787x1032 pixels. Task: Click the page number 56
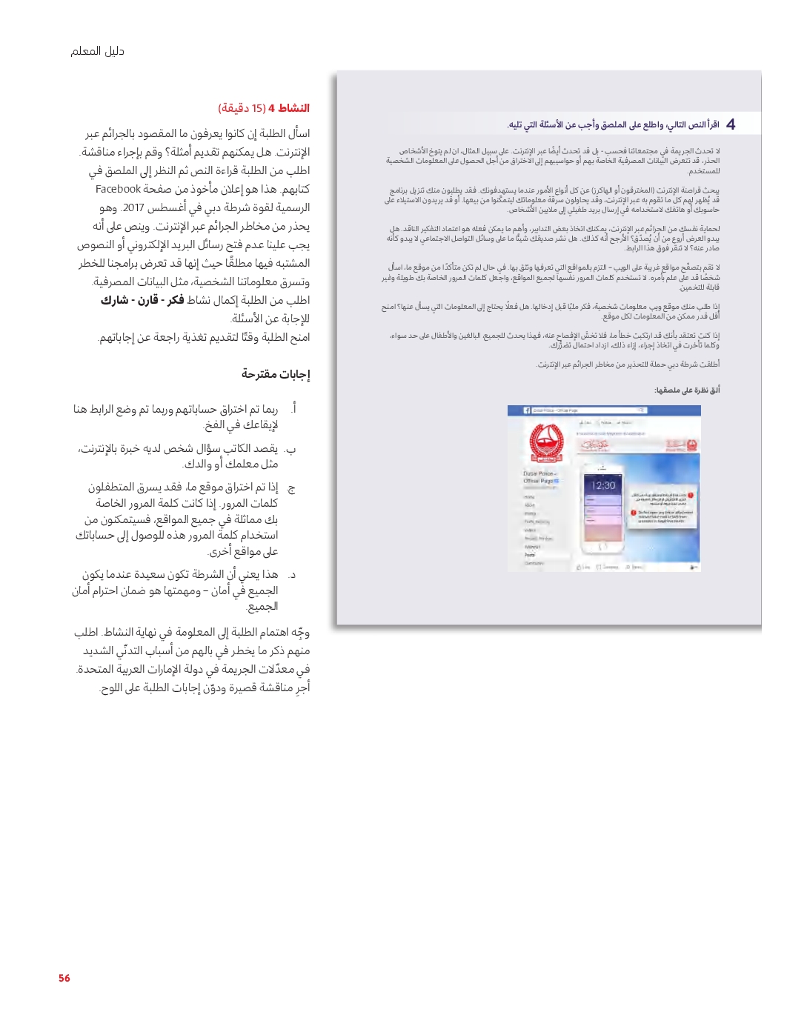(64, 978)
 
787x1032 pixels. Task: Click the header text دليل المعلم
(97, 51)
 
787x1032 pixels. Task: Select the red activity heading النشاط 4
(289, 108)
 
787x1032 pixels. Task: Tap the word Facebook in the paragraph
(119, 190)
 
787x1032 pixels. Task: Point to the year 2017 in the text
(133, 208)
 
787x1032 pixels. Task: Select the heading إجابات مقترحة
(275, 374)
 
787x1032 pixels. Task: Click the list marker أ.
(293, 409)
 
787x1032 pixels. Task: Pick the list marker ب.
(291, 449)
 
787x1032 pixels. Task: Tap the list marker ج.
(291, 488)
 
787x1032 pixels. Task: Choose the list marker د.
(292, 575)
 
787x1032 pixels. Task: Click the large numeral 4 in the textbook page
(731, 124)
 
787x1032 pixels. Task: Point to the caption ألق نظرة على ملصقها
(687, 390)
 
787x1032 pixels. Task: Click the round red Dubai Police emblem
(546, 442)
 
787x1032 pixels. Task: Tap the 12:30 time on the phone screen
(603, 486)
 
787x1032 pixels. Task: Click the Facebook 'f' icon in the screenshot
(527, 410)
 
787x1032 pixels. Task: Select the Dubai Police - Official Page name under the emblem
(541, 477)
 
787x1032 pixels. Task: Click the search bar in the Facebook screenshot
(593, 410)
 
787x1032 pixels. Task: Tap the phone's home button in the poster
(602, 546)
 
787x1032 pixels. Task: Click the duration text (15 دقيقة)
(242, 108)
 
